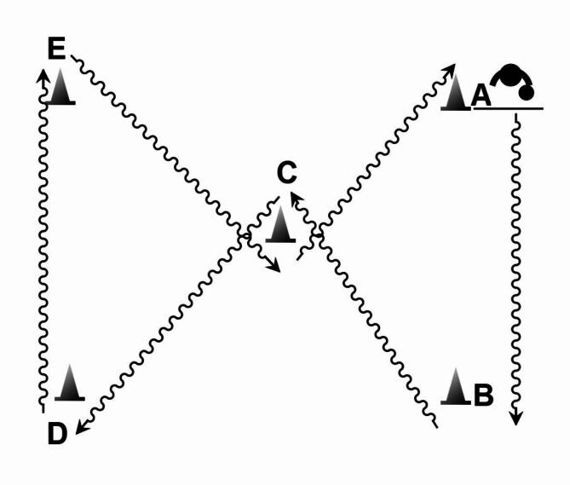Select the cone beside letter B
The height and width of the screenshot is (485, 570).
[456, 387]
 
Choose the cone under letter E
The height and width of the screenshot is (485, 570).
[61, 88]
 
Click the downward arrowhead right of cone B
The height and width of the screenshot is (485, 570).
[515, 418]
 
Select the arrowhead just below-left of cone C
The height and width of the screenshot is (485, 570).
[273, 265]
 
